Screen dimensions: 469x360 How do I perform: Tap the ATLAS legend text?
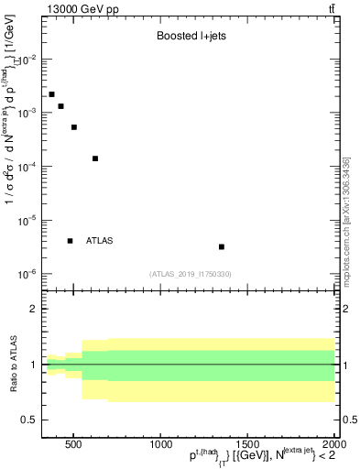99,241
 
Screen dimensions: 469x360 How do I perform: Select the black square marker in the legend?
70,241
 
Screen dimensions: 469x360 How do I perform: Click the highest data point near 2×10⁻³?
52,94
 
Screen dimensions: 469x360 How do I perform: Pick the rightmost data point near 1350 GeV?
222,246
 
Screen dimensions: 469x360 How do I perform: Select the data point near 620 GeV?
95,158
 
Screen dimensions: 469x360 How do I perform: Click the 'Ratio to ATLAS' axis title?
13,364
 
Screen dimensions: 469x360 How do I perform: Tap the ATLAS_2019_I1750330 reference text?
191,274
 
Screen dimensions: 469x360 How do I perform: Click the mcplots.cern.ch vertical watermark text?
346,220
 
